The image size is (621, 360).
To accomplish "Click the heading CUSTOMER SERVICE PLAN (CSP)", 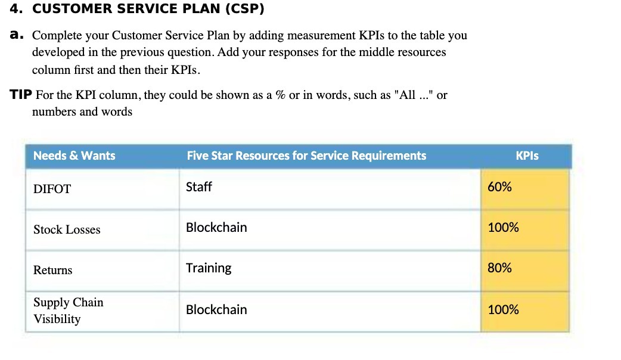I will click(x=148, y=10).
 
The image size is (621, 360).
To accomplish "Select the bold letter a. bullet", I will click(x=17, y=35).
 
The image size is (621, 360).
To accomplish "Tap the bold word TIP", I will click(x=21, y=95).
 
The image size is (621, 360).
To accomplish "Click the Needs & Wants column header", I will click(x=74, y=156).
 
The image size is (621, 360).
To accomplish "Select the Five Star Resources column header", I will click(x=306, y=156).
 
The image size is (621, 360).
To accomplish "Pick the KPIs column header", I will click(x=527, y=156).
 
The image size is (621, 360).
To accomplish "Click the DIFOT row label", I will click(x=52, y=190).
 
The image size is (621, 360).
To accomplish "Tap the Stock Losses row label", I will click(x=67, y=230).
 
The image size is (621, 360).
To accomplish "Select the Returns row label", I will click(x=52, y=271).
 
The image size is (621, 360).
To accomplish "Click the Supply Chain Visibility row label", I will click(x=68, y=311).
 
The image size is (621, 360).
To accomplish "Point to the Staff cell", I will click(x=199, y=187).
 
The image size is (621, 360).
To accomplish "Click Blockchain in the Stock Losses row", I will click(x=216, y=228).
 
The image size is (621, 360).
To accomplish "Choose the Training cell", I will click(x=209, y=268).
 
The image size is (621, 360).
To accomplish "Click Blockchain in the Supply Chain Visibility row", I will click(x=216, y=310).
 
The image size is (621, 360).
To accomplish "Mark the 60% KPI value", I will click(x=499, y=187).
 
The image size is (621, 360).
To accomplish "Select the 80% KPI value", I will click(x=499, y=268).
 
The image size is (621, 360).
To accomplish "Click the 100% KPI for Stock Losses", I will click(x=503, y=228).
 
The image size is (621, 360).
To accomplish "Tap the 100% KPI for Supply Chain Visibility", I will click(x=503, y=310).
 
